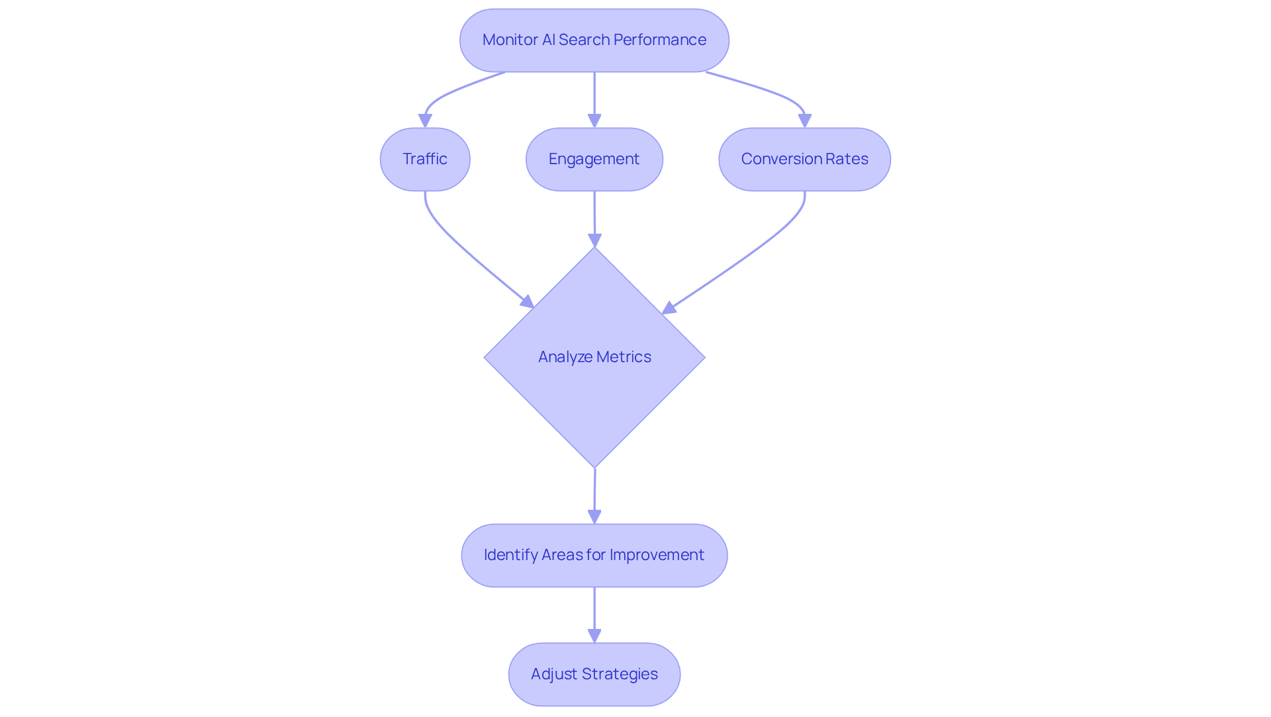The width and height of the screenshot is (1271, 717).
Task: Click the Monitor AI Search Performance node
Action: [594, 40]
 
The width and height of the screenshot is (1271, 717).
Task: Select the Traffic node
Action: [425, 160]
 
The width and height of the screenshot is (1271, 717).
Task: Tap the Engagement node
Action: [594, 160]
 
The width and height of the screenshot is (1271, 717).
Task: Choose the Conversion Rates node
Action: [804, 160]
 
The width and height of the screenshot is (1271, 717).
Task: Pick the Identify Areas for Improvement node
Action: [594, 555]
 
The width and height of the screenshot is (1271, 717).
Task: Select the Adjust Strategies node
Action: [594, 675]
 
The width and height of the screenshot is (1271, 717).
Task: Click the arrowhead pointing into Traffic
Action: [425, 120]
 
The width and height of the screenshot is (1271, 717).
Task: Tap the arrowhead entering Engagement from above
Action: [594, 120]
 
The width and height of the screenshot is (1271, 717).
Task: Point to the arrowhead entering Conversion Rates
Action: [804, 120]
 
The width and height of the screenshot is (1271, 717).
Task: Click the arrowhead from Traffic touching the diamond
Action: [528, 302]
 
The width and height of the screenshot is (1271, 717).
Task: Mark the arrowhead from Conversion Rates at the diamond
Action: [669, 308]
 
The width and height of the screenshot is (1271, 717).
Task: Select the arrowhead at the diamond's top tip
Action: [594, 240]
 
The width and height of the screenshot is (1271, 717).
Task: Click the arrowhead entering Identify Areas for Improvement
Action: [594, 516]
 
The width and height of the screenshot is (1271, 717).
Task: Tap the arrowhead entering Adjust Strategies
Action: [594, 636]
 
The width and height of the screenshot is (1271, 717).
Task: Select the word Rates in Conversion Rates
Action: [847, 159]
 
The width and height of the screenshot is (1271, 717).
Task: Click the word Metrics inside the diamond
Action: [624, 357]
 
